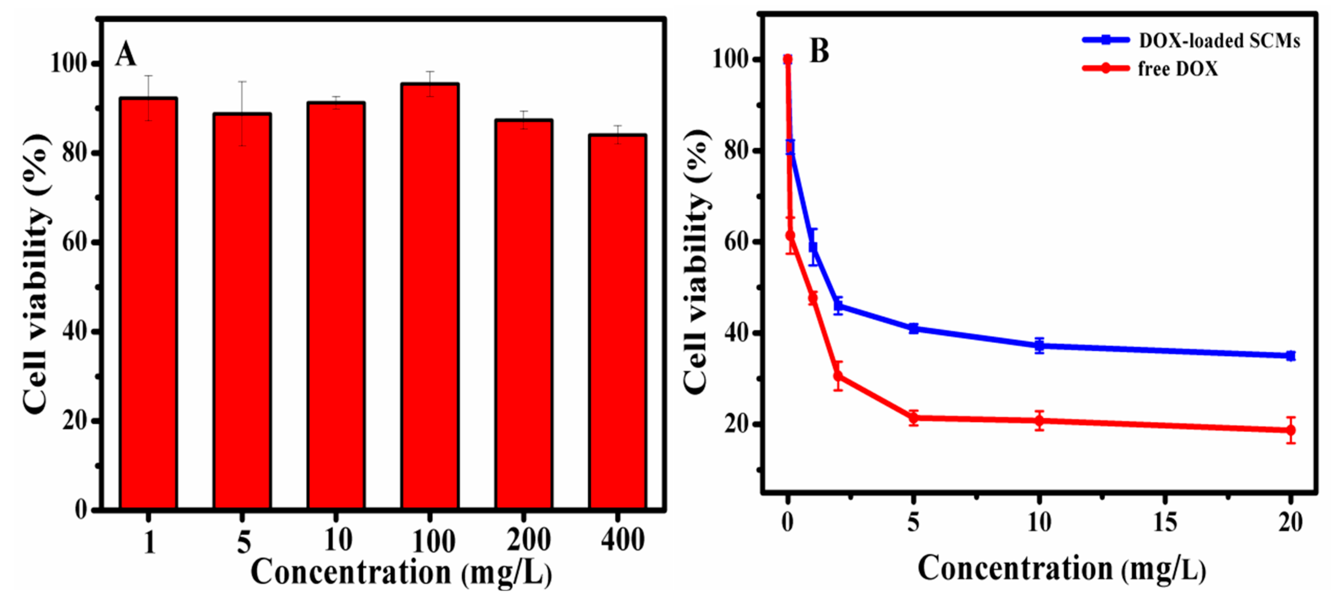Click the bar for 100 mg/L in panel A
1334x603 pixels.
[x=430, y=295]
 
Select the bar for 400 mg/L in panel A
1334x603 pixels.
[x=617, y=321]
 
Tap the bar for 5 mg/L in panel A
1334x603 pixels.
[x=242, y=311]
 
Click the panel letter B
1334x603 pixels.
[x=819, y=51]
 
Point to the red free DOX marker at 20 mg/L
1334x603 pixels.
[x=1291, y=430]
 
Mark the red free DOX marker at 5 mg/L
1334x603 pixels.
[x=914, y=418]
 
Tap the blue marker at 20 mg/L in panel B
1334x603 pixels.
[x=1291, y=355]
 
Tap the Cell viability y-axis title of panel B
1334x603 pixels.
[x=697, y=261]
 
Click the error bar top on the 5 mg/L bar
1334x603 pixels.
[x=242, y=82]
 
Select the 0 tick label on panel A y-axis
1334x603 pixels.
[x=81, y=510]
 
